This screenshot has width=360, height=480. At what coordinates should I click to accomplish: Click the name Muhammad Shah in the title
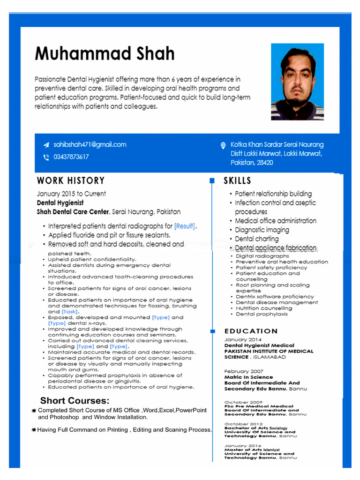pos(105,54)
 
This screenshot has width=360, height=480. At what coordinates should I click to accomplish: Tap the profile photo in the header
pos(297,82)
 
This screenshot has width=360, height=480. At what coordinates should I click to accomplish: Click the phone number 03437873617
pos(71,157)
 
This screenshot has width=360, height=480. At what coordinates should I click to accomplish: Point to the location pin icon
pos(223,145)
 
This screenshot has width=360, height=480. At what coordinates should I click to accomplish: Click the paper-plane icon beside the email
pos(46,145)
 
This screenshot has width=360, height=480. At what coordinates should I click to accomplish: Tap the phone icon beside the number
pos(46,157)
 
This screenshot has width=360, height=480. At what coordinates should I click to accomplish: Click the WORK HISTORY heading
pos(71,180)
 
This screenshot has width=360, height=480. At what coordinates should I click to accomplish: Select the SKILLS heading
pos(237,180)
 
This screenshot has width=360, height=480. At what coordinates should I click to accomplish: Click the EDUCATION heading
pos(251,331)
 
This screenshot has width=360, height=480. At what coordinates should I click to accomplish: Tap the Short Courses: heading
pos(75,400)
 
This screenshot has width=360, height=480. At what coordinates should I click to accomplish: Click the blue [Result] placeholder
pos(185,226)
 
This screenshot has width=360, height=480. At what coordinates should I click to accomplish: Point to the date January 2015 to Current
pos(71,194)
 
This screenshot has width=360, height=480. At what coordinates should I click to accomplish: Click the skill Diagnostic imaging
pos(262,230)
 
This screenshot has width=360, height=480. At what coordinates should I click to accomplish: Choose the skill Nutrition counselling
pos(264,308)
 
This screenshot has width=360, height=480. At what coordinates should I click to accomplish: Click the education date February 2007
pos(243,371)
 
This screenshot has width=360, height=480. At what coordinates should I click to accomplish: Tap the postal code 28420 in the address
pos(264,163)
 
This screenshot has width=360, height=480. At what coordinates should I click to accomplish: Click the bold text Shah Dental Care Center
pos(73,212)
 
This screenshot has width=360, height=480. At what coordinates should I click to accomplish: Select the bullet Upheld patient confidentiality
pos(92,259)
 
